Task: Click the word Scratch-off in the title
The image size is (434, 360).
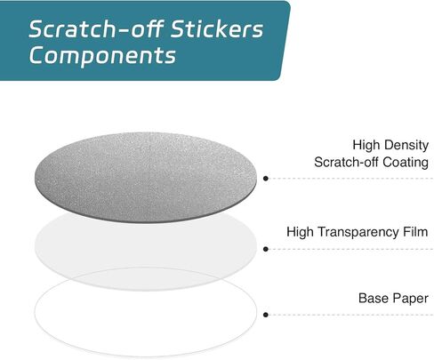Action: (x=96, y=28)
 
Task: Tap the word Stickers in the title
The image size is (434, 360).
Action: (x=217, y=29)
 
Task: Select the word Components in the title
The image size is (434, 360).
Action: (x=102, y=56)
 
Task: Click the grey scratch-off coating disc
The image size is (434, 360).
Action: (x=146, y=177)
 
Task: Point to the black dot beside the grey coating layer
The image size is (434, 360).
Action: (x=266, y=179)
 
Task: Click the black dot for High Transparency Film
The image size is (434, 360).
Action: (x=266, y=249)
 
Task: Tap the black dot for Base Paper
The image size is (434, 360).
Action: (x=266, y=315)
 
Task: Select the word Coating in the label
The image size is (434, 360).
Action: (x=406, y=162)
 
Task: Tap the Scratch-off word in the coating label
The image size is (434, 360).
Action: (x=347, y=162)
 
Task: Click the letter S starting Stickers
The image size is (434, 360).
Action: (x=179, y=29)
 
